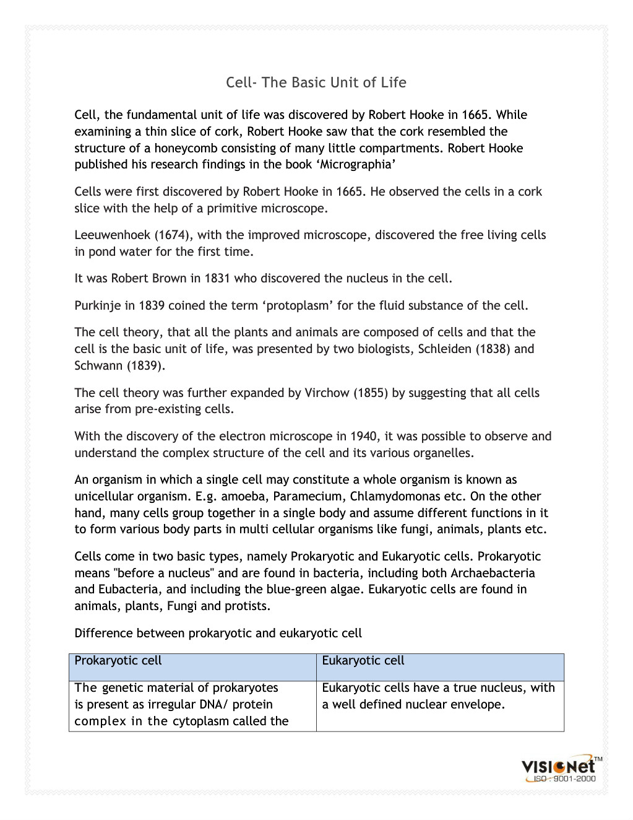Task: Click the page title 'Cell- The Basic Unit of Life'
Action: tap(316, 82)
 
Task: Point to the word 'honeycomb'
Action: tap(183, 148)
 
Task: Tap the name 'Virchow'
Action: tap(327, 393)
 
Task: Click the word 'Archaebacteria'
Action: tap(493, 573)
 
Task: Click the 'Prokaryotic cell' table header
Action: tap(118, 660)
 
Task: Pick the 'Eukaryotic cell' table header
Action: tap(363, 660)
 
